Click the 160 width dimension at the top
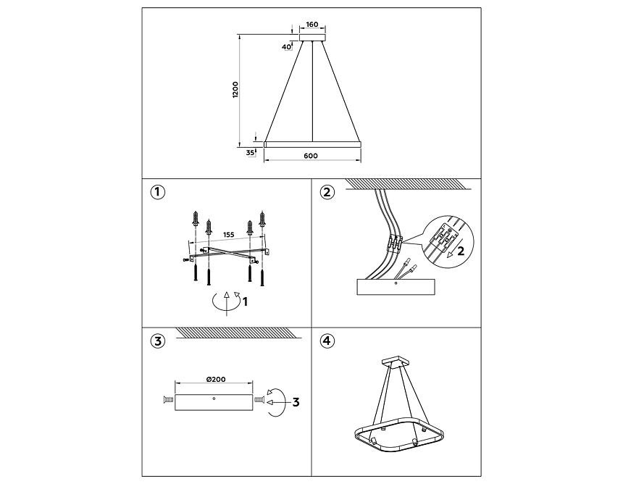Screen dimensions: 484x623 (312, 25)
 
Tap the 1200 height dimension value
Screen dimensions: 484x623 (235, 90)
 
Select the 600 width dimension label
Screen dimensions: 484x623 (311, 156)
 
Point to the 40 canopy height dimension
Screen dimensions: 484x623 (286, 46)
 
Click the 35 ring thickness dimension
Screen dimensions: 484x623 (250, 153)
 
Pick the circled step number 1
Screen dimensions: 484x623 (157, 193)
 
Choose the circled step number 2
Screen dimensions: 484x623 (327, 193)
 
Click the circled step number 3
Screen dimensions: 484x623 (157, 341)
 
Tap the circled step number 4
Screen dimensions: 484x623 (327, 341)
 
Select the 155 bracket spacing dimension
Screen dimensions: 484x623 (228, 235)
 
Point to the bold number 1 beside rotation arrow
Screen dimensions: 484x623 (245, 301)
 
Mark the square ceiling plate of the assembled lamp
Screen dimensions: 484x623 (396, 361)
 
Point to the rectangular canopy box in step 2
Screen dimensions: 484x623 (396, 286)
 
